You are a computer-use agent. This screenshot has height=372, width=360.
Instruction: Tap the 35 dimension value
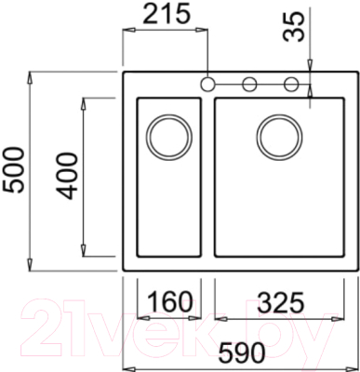[x=295, y=29]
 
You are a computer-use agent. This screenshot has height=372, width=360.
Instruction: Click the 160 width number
[x=168, y=302]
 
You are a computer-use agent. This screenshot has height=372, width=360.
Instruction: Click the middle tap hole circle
[x=249, y=85]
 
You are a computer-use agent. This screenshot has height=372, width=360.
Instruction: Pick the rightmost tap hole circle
[x=291, y=85]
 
